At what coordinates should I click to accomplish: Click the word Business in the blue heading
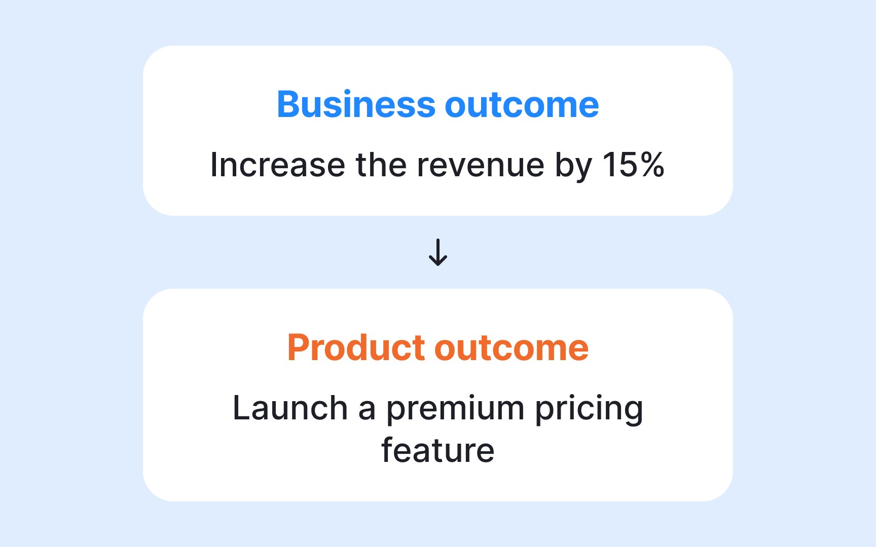point(356,104)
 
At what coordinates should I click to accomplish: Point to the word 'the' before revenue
point(381,165)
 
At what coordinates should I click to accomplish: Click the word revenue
point(481,167)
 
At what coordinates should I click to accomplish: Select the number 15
point(618,165)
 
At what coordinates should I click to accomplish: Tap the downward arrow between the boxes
point(438,252)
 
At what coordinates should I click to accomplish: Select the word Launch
point(290,408)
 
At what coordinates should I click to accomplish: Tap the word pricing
point(589,409)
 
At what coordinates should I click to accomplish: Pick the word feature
point(438,450)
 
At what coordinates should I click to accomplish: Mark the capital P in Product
point(298,347)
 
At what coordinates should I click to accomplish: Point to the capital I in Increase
point(213,165)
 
